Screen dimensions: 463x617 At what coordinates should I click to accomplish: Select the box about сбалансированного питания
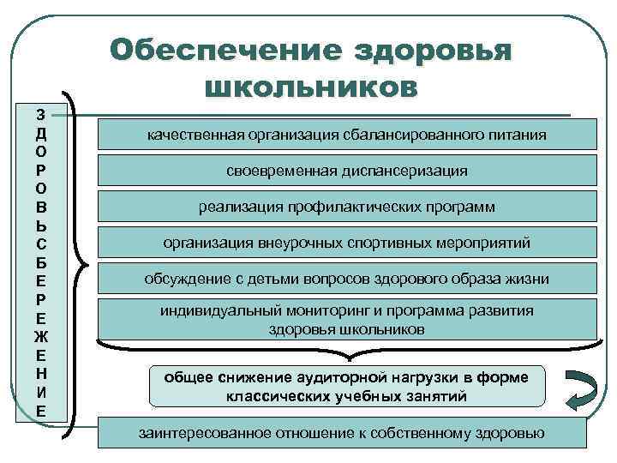pos(346,135)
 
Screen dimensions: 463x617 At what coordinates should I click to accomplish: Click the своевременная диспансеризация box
pos(346,171)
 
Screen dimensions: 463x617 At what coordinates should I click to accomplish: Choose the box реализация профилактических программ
pos(346,207)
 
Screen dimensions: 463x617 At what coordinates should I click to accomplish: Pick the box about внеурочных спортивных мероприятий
pos(346,244)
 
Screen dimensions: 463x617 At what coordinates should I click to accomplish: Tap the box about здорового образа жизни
pos(346,280)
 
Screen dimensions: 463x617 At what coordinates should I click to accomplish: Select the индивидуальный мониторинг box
pos(346,319)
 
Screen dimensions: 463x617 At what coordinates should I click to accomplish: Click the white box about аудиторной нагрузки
pos(346,387)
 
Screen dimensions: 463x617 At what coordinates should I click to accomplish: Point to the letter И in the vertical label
pos(41,394)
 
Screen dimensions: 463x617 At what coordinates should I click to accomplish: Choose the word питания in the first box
pos(518,135)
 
